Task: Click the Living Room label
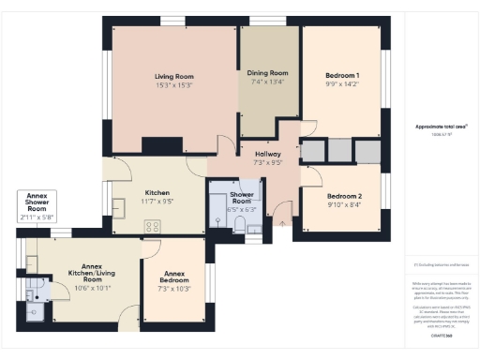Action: (x=173, y=76)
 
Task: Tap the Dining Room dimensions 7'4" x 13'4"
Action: (x=268, y=82)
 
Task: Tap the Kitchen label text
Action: (x=157, y=191)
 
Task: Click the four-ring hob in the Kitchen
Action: (x=151, y=226)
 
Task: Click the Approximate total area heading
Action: (x=441, y=127)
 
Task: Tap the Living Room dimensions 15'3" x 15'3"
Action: (x=173, y=85)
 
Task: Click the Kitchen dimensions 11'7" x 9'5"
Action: (x=157, y=201)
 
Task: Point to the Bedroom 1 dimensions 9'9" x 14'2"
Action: (x=342, y=83)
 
